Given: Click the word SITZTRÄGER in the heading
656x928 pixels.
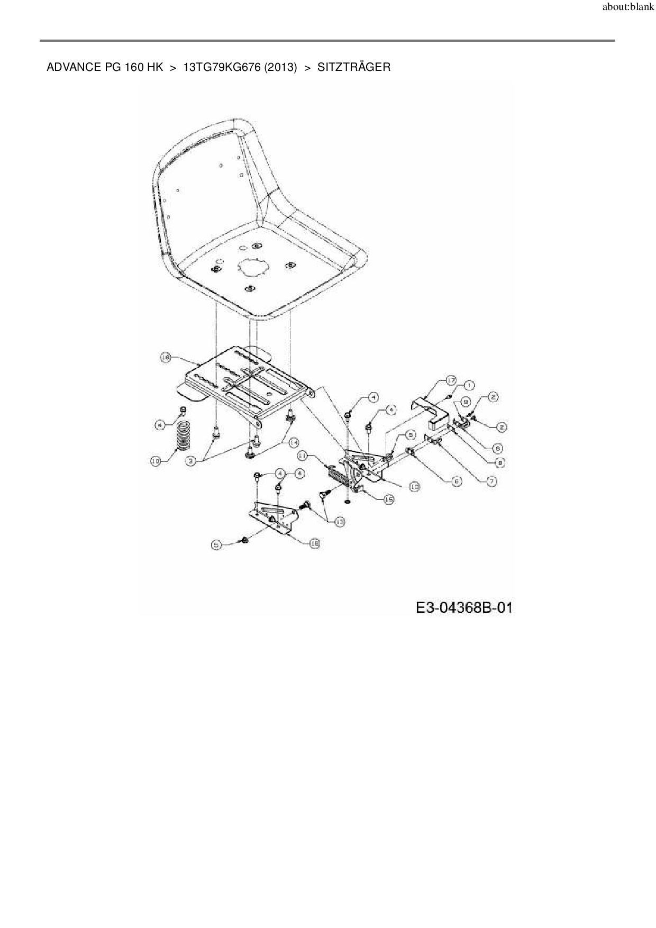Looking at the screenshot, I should (354, 67).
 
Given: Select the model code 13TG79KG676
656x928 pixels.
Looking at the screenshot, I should (223, 67).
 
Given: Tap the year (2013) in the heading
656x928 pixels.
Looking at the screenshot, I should (281, 67).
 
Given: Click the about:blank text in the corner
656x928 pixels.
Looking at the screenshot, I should (628, 8).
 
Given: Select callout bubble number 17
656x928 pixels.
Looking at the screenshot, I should (450, 380).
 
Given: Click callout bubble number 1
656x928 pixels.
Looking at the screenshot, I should (469, 386).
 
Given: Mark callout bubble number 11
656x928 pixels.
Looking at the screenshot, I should (303, 454).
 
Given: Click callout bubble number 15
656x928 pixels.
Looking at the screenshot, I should (389, 498).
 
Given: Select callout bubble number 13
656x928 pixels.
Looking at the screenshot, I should (339, 521).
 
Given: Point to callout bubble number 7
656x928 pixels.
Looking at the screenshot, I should (491, 481).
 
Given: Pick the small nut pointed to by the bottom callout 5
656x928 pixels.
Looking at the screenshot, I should (244, 540).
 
